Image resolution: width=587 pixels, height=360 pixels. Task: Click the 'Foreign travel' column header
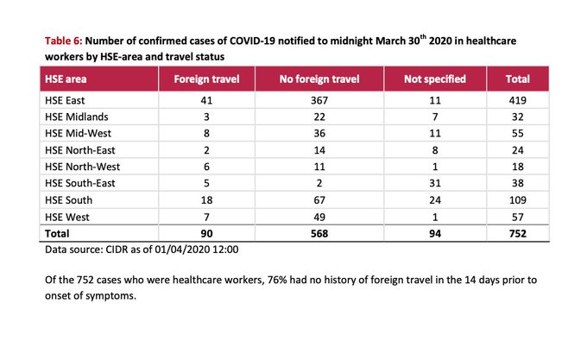206,79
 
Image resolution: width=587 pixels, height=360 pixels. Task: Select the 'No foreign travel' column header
319,79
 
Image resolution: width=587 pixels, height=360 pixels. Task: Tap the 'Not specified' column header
435,79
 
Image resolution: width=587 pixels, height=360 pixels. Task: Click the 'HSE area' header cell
66,79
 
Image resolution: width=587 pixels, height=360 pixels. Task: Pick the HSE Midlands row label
76,117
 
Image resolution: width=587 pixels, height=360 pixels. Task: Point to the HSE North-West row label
82,167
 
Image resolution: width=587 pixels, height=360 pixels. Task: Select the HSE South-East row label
79,183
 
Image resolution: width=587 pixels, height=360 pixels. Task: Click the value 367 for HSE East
319,100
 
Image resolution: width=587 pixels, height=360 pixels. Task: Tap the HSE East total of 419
518,100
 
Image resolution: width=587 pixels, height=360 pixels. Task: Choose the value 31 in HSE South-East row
435,183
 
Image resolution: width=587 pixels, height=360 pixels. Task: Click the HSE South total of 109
518,199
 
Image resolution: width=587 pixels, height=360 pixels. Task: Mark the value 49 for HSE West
319,217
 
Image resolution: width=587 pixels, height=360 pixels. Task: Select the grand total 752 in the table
518,233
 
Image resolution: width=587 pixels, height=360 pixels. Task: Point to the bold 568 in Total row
319,233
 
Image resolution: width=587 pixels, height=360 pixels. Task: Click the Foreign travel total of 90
206,233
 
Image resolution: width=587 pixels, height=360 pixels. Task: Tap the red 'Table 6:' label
63,41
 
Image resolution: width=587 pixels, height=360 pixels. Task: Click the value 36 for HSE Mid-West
319,133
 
